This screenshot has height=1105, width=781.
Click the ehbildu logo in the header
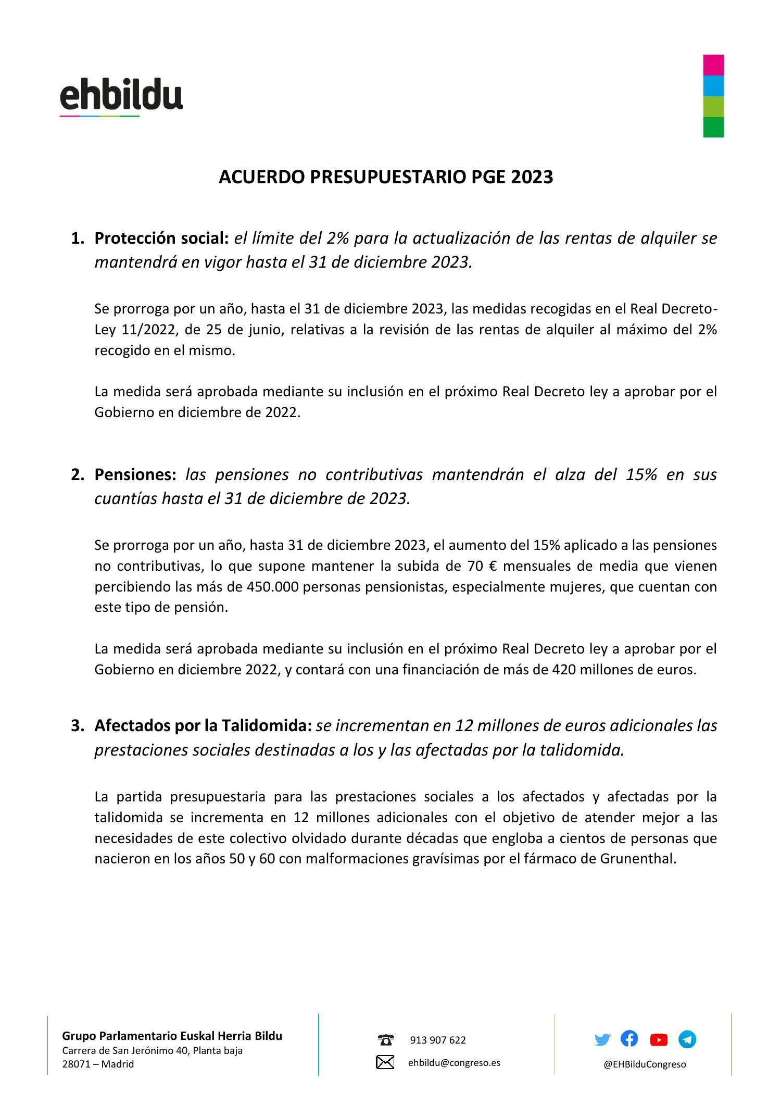click(121, 97)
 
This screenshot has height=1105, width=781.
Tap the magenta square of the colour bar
click(713, 65)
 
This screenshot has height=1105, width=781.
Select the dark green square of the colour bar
click(713, 127)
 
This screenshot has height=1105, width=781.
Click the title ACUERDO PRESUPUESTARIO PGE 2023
click(385, 178)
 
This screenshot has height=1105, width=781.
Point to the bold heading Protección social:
click(161, 238)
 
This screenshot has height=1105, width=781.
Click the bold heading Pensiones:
click(135, 475)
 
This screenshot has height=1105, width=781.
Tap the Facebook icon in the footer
click(629, 1039)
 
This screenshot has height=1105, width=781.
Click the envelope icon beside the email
click(385, 1062)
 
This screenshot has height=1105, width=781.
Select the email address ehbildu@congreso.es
click(454, 1063)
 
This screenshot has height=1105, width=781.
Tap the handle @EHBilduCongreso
click(645, 1064)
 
